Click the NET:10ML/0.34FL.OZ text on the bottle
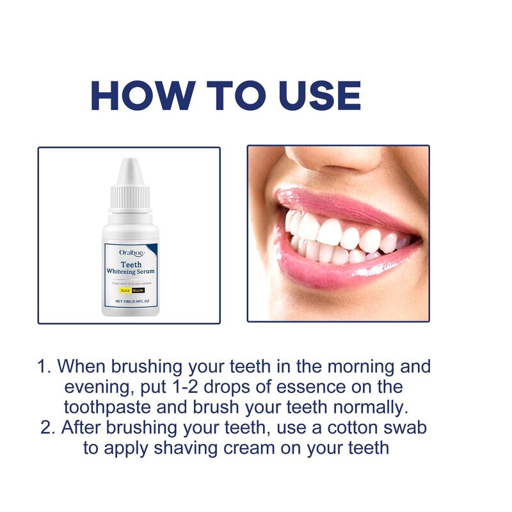pos(132,300)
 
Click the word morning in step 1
pos(359,367)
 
